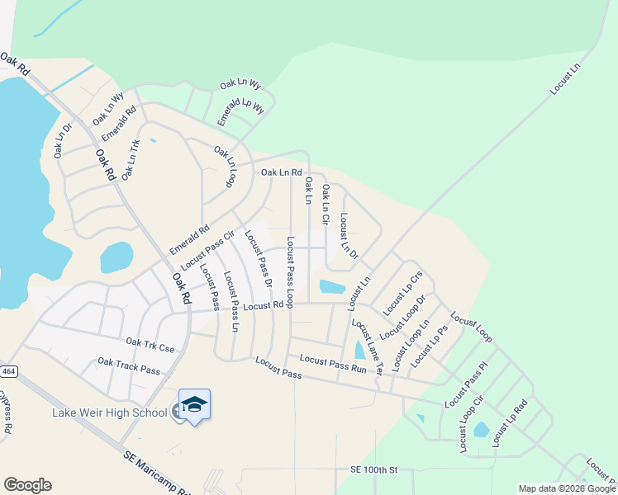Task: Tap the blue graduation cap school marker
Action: [x=194, y=404]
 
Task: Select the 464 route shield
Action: [x=8, y=372]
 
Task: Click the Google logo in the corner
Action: [x=27, y=485]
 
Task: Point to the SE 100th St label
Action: [x=373, y=469]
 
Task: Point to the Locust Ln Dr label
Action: [x=349, y=238]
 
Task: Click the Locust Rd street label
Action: [x=264, y=305]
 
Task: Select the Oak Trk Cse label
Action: [x=150, y=344]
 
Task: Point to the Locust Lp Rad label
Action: [x=510, y=424]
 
